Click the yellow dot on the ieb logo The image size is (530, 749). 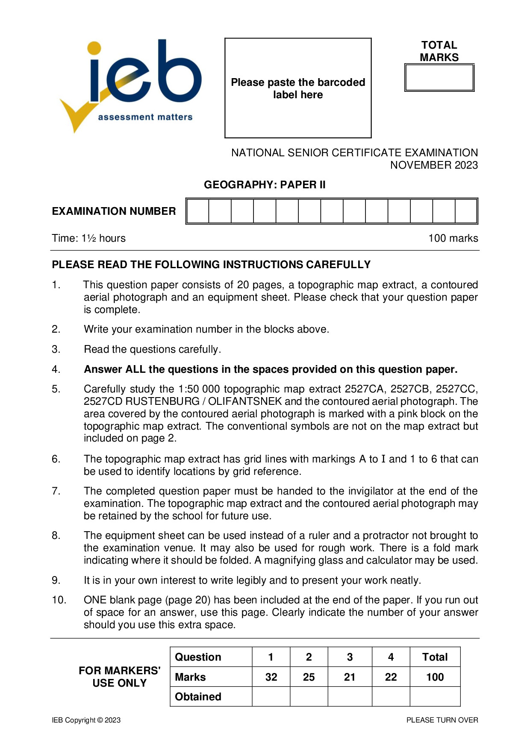coord(94,48)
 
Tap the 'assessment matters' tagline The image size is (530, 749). coord(145,117)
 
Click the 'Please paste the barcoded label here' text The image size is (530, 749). coord(298,88)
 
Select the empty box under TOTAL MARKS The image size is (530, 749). coord(439,78)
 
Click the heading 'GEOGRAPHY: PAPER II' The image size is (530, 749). coord(265,185)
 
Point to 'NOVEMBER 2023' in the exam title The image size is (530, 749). coord(434,165)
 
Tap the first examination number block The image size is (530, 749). coord(198,211)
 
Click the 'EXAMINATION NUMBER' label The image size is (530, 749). coord(114,211)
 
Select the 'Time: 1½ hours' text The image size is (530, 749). coord(89,238)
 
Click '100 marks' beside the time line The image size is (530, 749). coord(453,238)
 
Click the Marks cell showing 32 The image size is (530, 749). coord(271,677)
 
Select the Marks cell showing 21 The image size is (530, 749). coord(350,677)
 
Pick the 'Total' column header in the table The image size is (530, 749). coord(435,657)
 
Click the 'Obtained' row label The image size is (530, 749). coord(198,697)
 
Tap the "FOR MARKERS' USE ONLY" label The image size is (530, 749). coord(119,677)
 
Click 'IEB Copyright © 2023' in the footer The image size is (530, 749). coord(86,720)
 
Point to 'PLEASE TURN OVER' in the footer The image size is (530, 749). coord(442,720)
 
